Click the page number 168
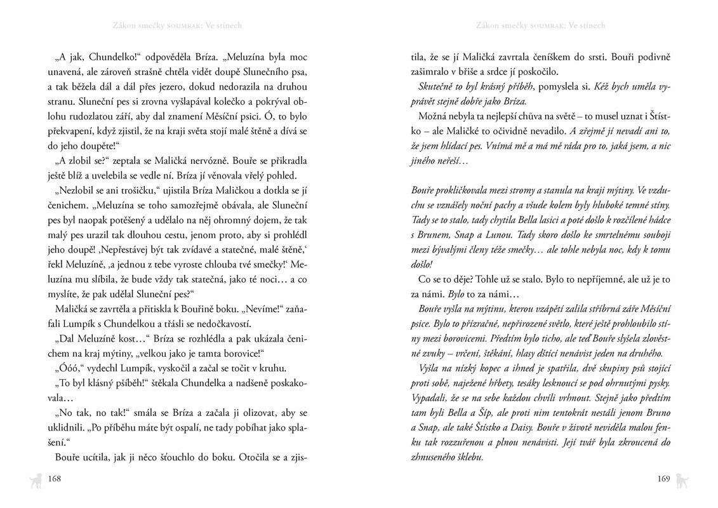(54, 479)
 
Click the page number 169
(663, 479)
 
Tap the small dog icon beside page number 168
(34, 480)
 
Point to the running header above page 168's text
(177, 26)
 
